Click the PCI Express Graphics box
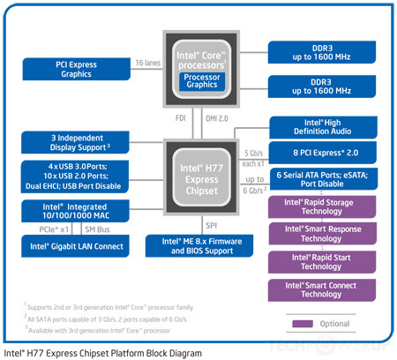pyautogui.click(x=75, y=69)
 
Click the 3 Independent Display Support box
pyautogui.click(x=75, y=141)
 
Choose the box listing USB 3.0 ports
pyautogui.click(x=75, y=175)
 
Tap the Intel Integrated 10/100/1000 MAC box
pyautogui.click(x=75, y=211)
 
